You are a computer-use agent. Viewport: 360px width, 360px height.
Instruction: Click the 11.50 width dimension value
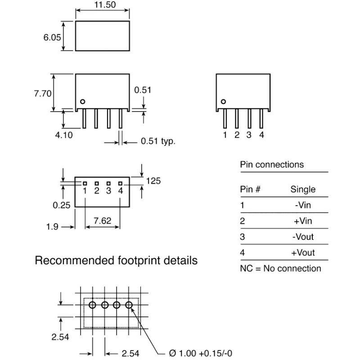(105, 4)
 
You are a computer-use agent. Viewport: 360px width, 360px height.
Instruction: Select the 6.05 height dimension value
(52, 37)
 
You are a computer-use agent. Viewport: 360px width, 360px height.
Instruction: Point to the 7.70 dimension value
(43, 94)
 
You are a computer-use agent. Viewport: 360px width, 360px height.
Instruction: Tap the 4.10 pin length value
(64, 135)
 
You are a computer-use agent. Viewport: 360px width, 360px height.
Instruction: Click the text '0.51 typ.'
(158, 141)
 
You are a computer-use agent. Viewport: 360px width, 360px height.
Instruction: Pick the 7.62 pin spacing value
(103, 220)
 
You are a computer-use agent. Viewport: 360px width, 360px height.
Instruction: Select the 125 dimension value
(153, 181)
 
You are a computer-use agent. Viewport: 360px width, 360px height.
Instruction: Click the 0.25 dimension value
(62, 205)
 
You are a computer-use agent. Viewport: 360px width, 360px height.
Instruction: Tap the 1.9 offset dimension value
(52, 227)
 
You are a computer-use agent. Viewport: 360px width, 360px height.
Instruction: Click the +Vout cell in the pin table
(303, 252)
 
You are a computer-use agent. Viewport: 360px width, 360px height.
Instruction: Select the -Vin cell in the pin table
(303, 205)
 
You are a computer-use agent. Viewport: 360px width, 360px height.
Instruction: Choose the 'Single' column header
(303, 189)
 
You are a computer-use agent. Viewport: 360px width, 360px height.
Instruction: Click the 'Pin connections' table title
(272, 165)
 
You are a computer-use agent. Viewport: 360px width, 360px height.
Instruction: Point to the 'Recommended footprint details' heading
(116, 261)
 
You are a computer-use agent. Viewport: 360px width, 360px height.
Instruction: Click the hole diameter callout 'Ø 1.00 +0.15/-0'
(200, 353)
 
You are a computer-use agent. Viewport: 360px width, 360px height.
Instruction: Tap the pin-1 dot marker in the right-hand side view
(223, 102)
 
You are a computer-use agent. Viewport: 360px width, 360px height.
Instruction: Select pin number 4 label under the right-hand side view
(261, 135)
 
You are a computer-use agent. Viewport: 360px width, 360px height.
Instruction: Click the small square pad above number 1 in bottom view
(85, 184)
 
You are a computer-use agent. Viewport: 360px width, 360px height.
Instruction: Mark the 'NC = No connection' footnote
(280, 268)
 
